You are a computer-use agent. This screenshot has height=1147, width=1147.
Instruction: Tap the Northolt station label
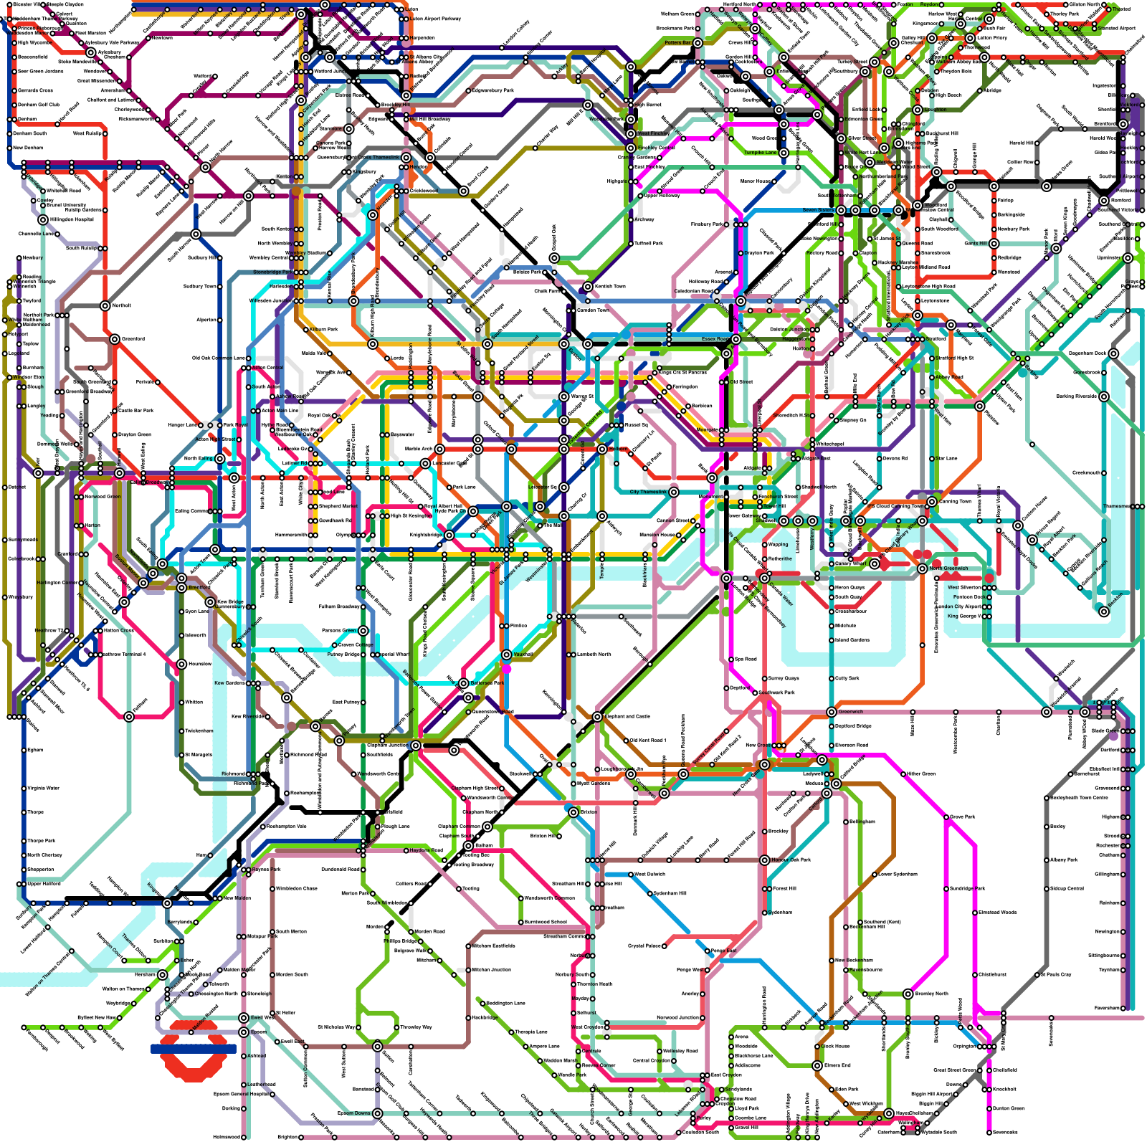coord(122,306)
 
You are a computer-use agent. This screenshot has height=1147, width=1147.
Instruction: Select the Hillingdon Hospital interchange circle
coord(43,220)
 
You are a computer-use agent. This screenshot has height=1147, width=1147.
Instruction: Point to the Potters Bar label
coord(677,43)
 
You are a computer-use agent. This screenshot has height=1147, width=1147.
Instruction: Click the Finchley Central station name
coord(657,148)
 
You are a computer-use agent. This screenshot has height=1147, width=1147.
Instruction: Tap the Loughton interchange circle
coord(918,110)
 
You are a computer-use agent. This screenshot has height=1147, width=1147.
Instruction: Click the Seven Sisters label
coord(819,211)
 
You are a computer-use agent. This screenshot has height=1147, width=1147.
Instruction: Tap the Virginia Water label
coord(43,789)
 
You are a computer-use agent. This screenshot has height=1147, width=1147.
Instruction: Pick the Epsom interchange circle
coord(244,1032)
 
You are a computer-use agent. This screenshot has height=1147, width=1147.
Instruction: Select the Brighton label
coord(287,1138)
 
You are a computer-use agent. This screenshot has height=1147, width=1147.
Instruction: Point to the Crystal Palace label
coord(645,946)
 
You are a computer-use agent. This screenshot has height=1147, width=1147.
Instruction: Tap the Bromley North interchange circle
coord(908,994)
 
